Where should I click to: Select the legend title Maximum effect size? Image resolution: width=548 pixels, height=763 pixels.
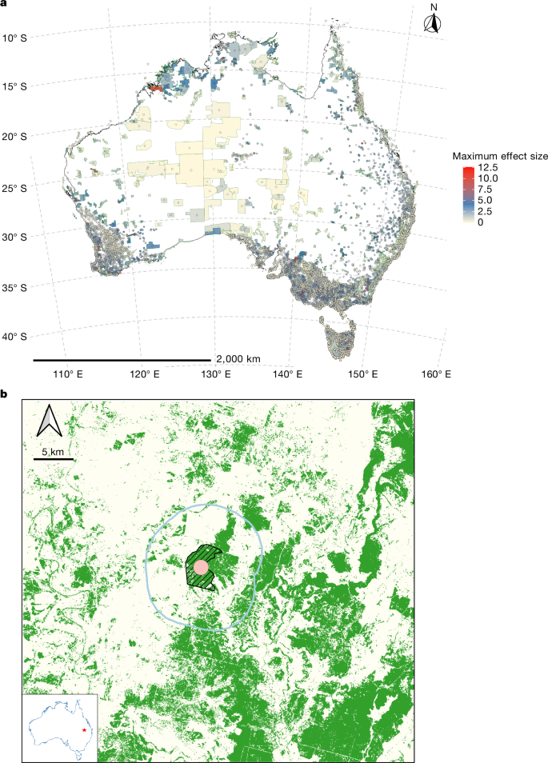point(498,156)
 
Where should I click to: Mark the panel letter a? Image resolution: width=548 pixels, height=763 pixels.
point(5,5)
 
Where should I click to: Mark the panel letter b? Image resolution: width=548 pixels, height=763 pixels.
point(5,394)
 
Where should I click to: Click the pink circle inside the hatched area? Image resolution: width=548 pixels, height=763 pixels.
point(201,568)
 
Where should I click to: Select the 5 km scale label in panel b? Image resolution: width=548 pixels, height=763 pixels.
point(53,452)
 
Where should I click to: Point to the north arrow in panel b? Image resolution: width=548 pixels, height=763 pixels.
point(50,421)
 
